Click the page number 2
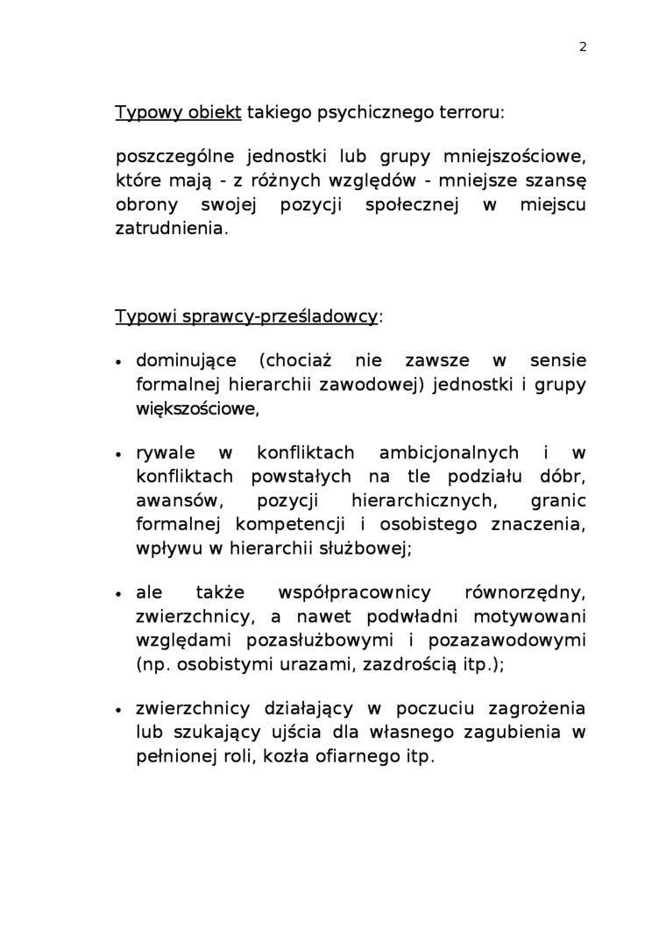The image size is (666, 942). coord(583,47)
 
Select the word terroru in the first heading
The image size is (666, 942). coord(470,112)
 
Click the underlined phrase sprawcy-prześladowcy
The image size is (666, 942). coord(291,316)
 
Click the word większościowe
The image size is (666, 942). coord(197,408)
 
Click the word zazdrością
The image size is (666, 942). coord(402,664)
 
